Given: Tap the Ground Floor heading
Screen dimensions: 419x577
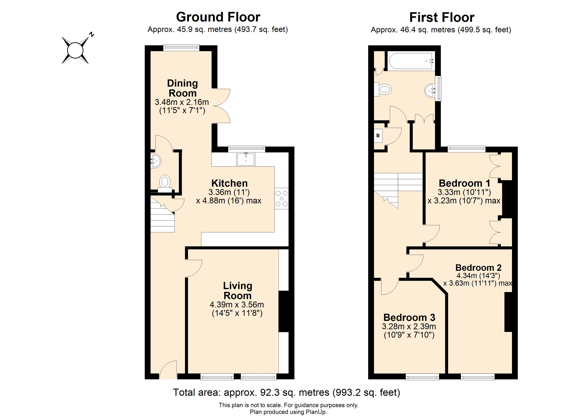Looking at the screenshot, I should [x=218, y=17].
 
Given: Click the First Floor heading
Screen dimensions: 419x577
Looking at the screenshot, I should [x=442, y=17].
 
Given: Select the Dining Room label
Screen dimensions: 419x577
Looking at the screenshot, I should [x=182, y=88].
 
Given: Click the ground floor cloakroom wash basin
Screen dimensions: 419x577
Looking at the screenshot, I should [x=156, y=161].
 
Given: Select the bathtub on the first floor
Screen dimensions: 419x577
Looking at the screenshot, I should [x=410, y=61].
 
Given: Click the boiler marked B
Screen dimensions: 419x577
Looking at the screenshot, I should [x=378, y=136].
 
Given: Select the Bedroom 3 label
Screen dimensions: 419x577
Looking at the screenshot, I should [x=409, y=318].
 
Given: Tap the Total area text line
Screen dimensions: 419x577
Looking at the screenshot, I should [x=286, y=393].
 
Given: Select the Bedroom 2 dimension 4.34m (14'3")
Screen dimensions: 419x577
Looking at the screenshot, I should [x=478, y=276].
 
